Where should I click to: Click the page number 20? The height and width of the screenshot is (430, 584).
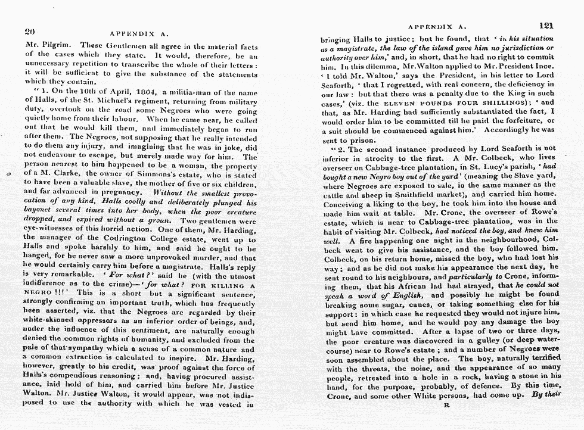click(30, 32)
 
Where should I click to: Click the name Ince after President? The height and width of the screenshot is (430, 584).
click(542, 66)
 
